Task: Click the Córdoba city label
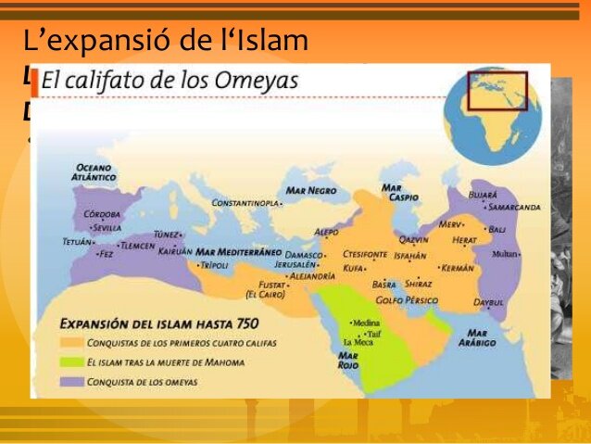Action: pyautogui.click(x=103, y=214)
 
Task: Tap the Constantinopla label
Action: pyautogui.click(x=245, y=202)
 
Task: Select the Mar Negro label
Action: pyautogui.click(x=311, y=190)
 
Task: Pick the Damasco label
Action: pyautogui.click(x=304, y=254)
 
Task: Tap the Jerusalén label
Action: pyautogui.click(x=301, y=265)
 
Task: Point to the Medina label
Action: pyautogui.click(x=364, y=323)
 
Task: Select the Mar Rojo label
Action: pyautogui.click(x=348, y=359)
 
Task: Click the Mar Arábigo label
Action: pyautogui.click(x=481, y=337)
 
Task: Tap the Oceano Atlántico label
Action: pyautogui.click(x=95, y=172)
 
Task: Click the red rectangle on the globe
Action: pyautogui.click(x=497, y=91)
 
